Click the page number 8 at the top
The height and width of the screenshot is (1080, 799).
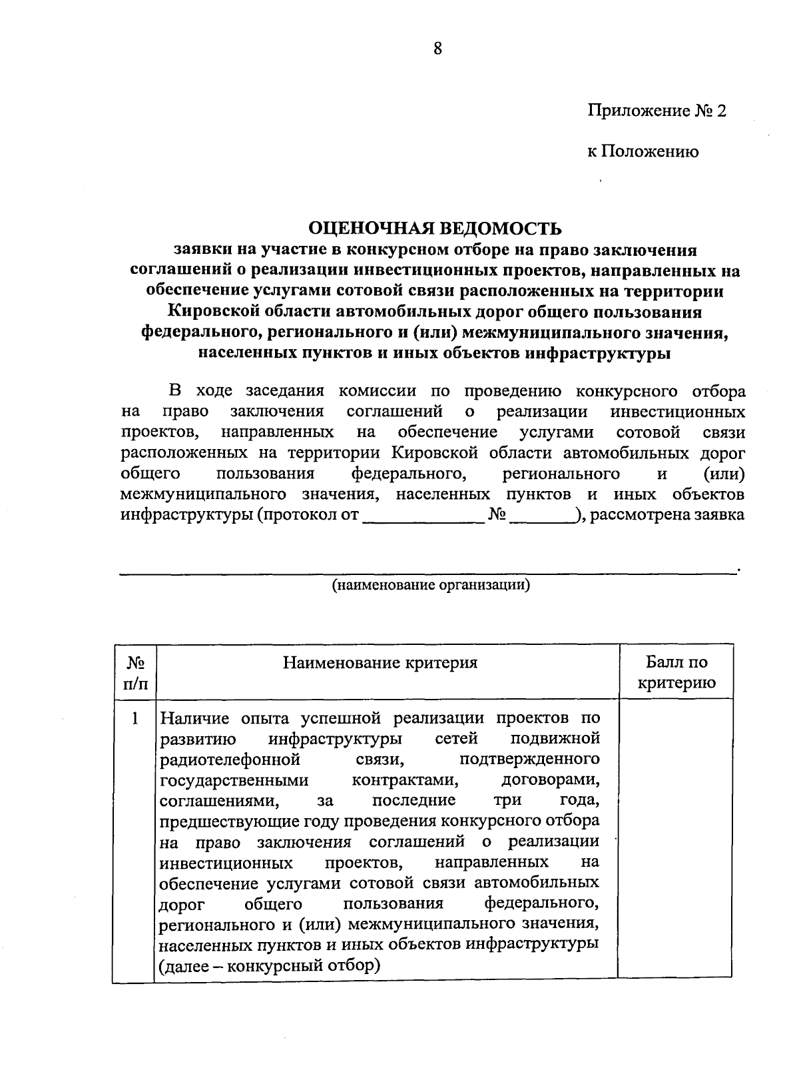point(437,49)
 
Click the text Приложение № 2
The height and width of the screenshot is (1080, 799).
point(656,110)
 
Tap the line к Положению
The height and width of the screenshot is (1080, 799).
point(643,152)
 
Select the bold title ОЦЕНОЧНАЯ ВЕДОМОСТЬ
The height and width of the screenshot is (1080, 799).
point(435,229)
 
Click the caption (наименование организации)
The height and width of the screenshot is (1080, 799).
point(431,586)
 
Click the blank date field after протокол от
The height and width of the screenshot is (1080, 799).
point(423,516)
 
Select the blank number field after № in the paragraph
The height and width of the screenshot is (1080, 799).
point(543,516)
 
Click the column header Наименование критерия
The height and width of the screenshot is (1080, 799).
point(380,663)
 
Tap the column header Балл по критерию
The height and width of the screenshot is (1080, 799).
point(676,672)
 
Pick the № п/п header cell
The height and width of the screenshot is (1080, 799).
point(136,672)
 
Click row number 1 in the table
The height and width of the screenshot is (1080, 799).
point(135,719)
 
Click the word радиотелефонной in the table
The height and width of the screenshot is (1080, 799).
point(230,760)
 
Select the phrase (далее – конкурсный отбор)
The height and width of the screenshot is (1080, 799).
point(270,965)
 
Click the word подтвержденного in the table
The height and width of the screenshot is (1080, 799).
point(530,760)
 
